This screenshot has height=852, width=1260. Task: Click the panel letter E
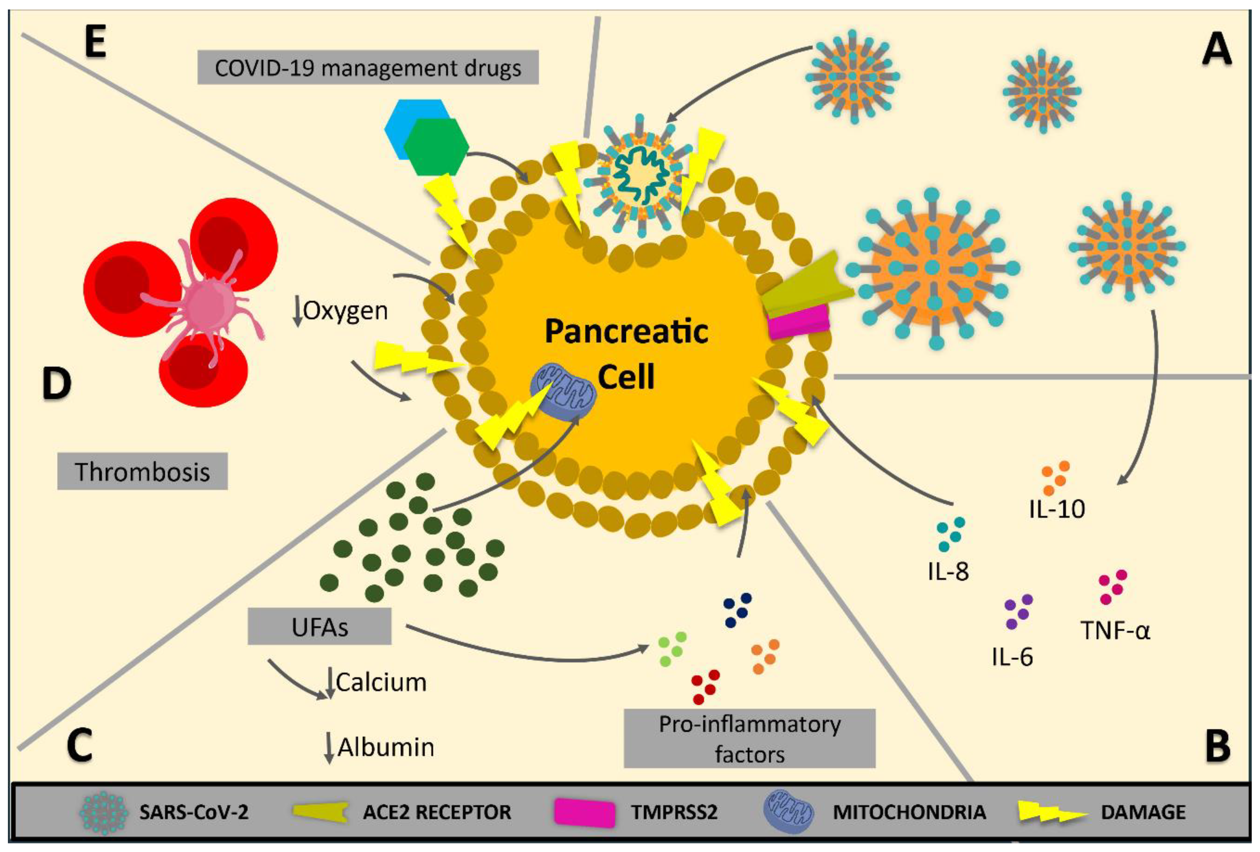(95, 44)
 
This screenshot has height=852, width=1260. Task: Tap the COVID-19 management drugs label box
(368, 68)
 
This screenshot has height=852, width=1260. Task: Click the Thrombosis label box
(142, 471)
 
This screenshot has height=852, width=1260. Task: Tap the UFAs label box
(319, 627)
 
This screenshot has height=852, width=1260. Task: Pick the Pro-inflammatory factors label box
(749, 739)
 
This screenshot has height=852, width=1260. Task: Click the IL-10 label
(1057, 509)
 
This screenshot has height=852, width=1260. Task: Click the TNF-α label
(1115, 630)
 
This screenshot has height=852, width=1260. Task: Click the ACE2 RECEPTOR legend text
(437, 812)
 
